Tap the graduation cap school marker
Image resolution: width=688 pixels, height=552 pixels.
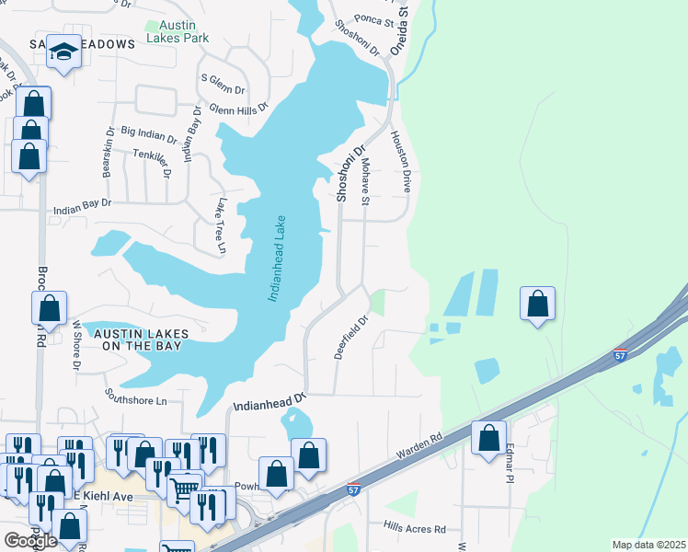pyautogui.click(x=63, y=52)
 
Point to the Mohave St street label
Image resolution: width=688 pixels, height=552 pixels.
pyautogui.click(x=365, y=181)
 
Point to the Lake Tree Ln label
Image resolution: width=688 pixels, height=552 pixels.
pyautogui.click(x=221, y=225)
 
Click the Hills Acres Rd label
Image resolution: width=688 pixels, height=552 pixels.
pyautogui.click(x=415, y=529)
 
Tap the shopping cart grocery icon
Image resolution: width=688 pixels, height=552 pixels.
pyautogui.click(x=185, y=488)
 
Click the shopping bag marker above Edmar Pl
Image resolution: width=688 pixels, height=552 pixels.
pyautogui.click(x=488, y=437)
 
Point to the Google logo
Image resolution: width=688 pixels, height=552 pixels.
pyautogui.click(x=30, y=540)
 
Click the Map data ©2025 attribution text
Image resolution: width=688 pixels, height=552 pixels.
pyautogui.click(x=648, y=545)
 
